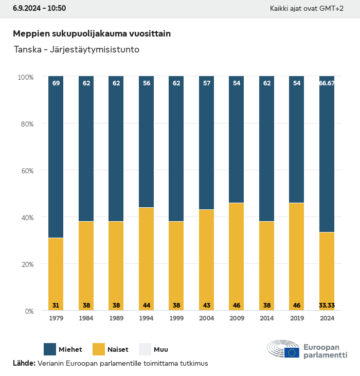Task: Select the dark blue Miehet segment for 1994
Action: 147,141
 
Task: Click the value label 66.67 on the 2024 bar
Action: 327,83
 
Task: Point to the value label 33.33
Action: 327,306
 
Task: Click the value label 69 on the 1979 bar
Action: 56,83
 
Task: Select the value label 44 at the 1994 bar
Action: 147,306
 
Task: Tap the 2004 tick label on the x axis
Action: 206,318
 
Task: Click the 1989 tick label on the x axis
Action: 116,318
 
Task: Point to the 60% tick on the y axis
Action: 26,170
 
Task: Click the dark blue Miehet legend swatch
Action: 50,349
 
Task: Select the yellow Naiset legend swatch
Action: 98,349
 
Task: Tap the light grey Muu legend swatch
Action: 146,349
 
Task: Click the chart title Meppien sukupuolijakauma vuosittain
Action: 92,33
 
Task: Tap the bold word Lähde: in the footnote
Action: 24,363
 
